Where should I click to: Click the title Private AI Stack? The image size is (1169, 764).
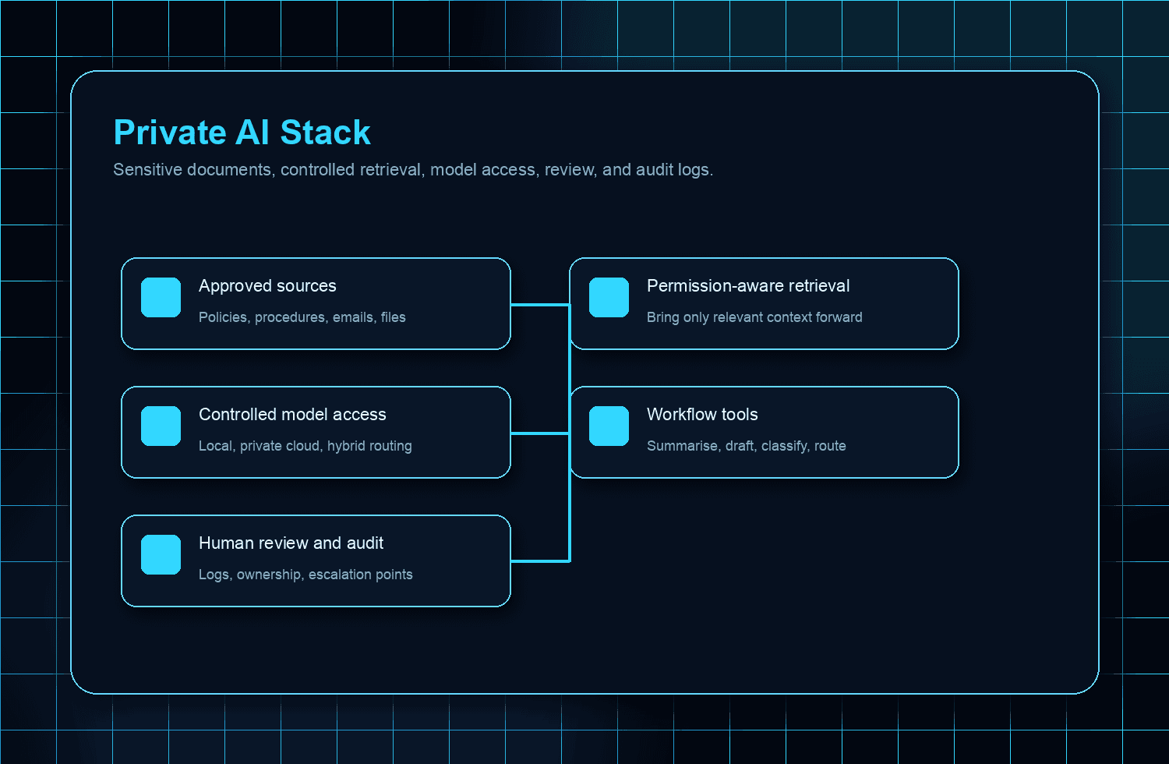tap(242, 133)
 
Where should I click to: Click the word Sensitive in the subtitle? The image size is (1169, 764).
tap(147, 170)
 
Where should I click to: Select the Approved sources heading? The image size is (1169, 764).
tap(267, 286)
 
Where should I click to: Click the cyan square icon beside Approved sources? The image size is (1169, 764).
tap(161, 298)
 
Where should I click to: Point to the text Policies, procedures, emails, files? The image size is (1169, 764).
tap(302, 317)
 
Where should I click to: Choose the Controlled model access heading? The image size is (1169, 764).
tap(292, 415)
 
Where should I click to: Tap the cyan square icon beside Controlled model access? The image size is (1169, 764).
tap(161, 426)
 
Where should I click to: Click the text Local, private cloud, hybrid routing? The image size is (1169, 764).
tap(305, 446)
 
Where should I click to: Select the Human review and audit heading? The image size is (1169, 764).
tap(291, 543)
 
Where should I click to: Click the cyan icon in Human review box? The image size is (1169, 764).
tap(161, 555)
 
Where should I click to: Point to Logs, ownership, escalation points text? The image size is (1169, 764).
tap(305, 575)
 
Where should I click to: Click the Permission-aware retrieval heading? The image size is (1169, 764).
tap(748, 286)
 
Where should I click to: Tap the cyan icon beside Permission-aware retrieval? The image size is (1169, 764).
tap(609, 298)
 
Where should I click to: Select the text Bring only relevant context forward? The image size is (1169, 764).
tap(754, 317)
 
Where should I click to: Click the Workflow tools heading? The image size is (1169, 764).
tap(702, 415)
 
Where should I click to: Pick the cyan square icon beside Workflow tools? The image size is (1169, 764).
tap(609, 426)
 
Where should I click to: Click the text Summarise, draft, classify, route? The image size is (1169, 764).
tap(746, 446)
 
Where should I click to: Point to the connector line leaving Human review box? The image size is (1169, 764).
tap(539, 561)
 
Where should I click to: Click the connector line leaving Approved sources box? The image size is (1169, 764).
tap(539, 305)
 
